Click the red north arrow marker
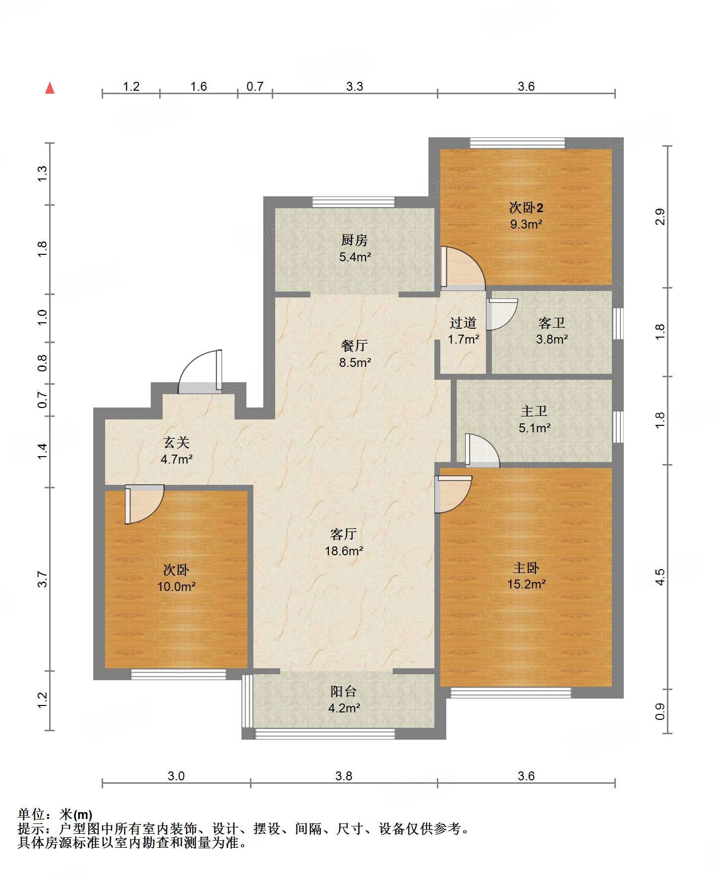[x=50, y=88]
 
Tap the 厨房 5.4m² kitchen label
[x=355, y=248]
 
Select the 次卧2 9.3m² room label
[x=526, y=216]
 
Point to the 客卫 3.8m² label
[x=551, y=331]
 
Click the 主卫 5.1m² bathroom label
[x=534, y=419]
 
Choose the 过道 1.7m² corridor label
[x=463, y=331]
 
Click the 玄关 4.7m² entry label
[x=176, y=451]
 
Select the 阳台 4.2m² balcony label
[x=344, y=700]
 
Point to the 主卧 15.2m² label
[x=526, y=576]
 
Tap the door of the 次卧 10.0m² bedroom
[x=143, y=503]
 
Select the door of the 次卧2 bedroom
[x=462, y=268]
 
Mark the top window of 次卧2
[x=517, y=143]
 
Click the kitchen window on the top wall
[x=354, y=202]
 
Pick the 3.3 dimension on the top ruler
[x=355, y=86]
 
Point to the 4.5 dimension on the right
[x=659, y=577]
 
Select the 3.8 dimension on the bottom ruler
[x=344, y=776]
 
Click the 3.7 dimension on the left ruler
[x=43, y=579]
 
